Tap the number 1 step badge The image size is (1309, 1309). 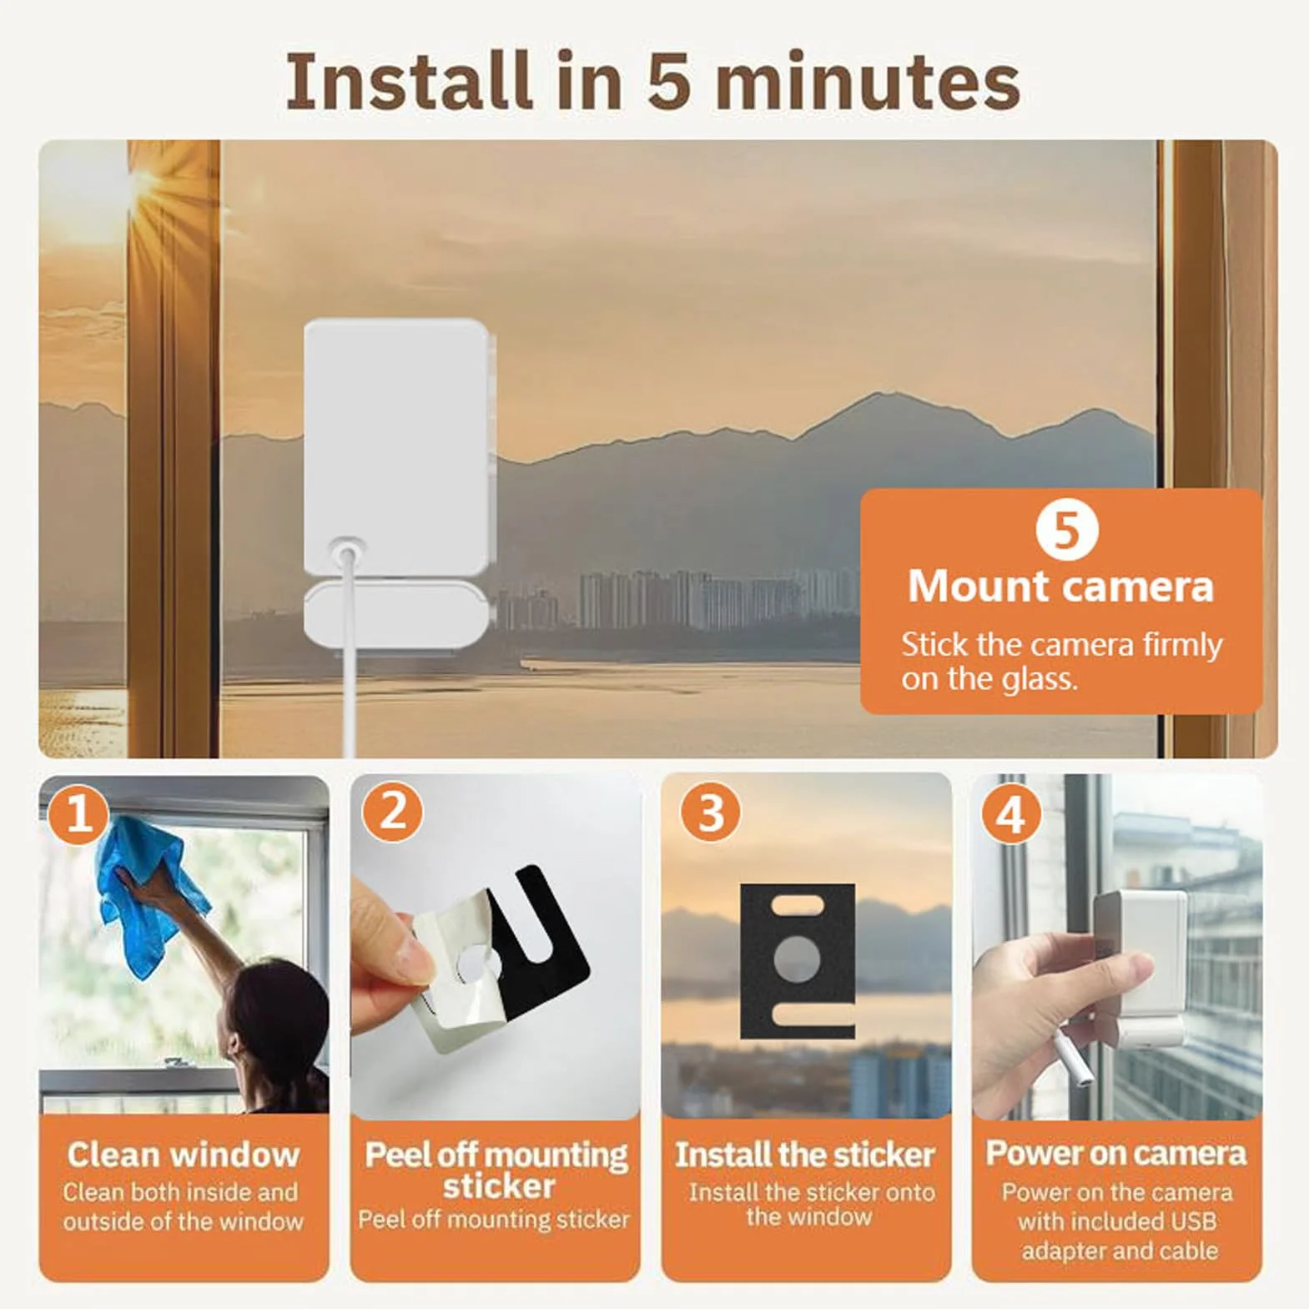pos(78,813)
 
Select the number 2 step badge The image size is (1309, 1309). pos(392,812)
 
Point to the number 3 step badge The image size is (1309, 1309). pos(710,812)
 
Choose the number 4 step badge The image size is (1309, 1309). pos(1010,813)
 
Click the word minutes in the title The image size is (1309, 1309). pos(868,81)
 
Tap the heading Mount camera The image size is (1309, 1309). pos(1060,586)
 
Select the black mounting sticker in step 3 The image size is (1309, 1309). pos(798,960)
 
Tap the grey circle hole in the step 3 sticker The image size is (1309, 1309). pos(797,959)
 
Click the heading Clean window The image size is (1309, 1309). pos(184,1155)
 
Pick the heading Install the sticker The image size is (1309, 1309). pos(805,1155)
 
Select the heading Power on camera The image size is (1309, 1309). pos(1116,1153)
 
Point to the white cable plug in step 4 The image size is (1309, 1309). pos(1070,1056)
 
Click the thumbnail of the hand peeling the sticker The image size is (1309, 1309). pos(496,947)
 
